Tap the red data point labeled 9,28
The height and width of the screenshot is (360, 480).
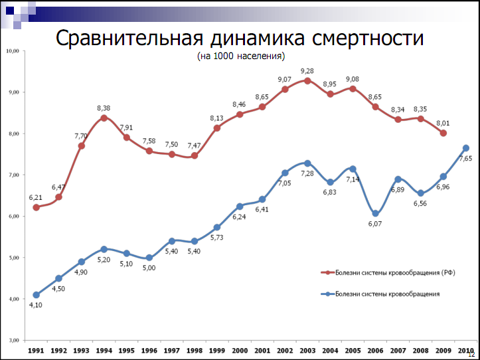coord(307,80)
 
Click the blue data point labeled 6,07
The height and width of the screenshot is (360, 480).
coord(376,213)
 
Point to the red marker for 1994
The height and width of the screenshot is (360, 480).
coord(104,118)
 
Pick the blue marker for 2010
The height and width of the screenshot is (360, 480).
coord(466,148)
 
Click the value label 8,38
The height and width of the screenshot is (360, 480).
coord(104,108)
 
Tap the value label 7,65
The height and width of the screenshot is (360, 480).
coord(465,159)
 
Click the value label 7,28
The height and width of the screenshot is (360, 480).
coord(307,173)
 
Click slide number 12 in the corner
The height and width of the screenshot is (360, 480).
coord(471,355)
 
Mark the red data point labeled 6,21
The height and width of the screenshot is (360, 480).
coord(36,207)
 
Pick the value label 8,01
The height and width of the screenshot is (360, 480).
coord(443,122)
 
